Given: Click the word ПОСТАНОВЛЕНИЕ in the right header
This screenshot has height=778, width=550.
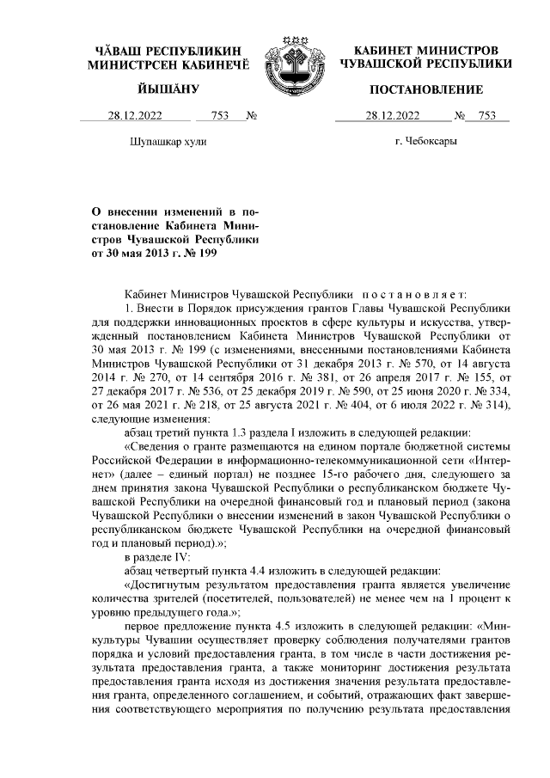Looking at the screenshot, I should click(425, 89).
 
